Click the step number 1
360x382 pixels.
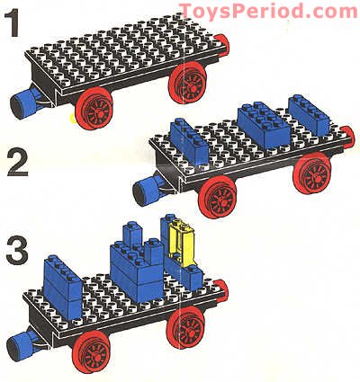[14, 24]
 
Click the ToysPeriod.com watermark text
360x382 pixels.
[267, 11]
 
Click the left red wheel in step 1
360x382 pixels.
[83, 111]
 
